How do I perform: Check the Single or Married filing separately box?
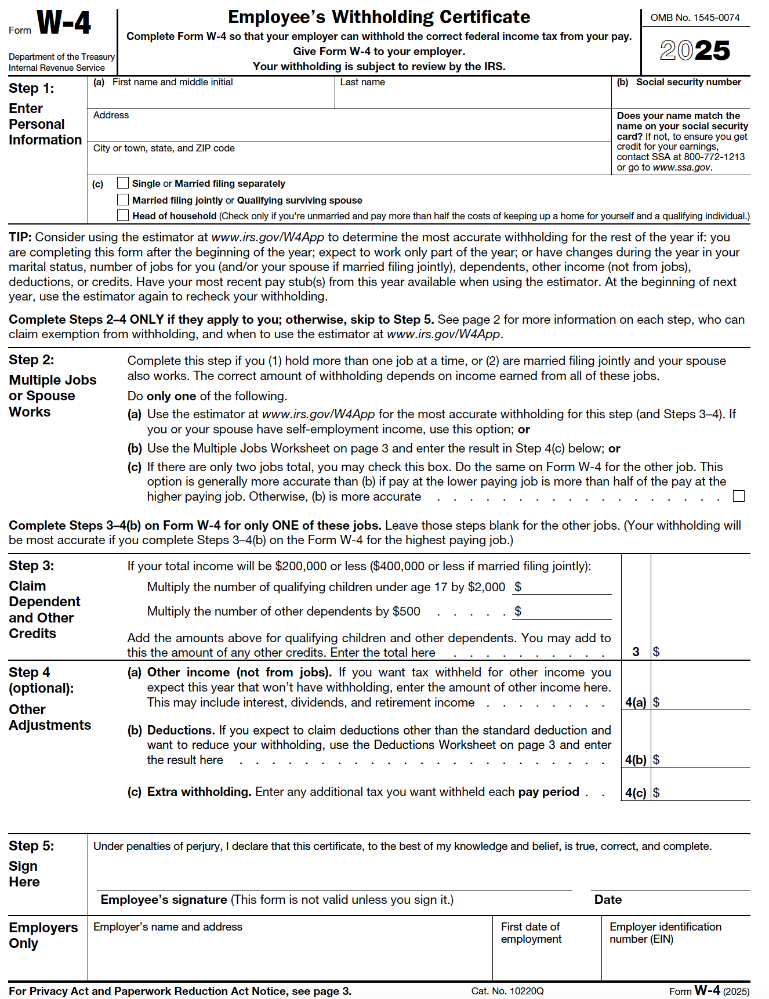pos(122,183)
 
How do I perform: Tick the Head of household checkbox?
pos(122,215)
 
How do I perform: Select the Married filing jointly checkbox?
pos(122,200)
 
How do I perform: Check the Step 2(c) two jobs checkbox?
pos(738,496)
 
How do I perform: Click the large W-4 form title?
pos(64,23)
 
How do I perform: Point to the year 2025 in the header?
pos(695,50)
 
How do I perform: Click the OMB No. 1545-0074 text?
pos(695,17)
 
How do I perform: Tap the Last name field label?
pos(362,82)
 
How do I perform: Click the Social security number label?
pos(688,82)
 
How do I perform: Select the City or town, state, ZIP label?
pos(164,149)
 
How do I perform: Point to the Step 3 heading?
pos(31,566)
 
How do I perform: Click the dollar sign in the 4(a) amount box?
pos(656,702)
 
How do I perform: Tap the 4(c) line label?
pos(636,792)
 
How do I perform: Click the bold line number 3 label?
pos(636,651)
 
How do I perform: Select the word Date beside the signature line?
pos(608,900)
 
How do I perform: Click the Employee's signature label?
pos(164,900)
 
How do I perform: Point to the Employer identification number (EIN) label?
pos(665,933)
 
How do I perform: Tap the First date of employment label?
pos(531,933)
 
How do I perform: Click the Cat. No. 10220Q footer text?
pos(507,991)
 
